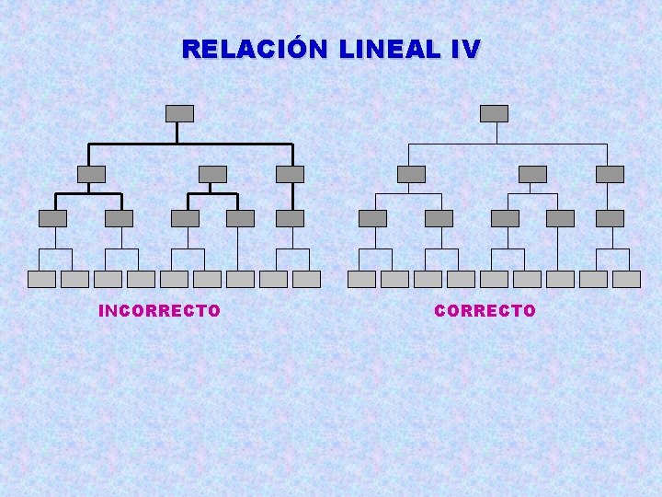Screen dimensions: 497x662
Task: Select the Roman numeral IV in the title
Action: coord(465,49)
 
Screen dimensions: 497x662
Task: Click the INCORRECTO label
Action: coord(159,311)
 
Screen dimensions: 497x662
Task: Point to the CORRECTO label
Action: coord(485,311)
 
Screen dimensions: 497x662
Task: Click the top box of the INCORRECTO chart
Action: coord(179,113)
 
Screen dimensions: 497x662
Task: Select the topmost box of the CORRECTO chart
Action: coord(495,113)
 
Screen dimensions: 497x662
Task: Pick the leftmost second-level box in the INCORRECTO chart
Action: coord(91,174)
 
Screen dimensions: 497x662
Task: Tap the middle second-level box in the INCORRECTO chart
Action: coord(212,174)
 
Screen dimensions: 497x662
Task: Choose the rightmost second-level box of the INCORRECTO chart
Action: coord(290,174)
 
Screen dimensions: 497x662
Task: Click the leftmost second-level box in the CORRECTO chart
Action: coord(411,174)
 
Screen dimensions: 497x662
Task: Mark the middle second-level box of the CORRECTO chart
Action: coord(532,174)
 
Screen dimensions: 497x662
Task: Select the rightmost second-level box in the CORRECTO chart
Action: coord(610,174)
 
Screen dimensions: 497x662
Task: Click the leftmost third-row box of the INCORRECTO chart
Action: coord(52,218)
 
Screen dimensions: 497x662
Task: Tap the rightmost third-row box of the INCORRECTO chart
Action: coord(290,218)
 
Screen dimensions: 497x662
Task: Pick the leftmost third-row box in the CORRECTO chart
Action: coord(372,218)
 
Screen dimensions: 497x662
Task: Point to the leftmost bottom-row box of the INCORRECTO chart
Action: coord(41,279)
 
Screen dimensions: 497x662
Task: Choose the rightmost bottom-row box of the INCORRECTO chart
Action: coord(306,279)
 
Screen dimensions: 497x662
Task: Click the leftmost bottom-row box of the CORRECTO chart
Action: coord(361,279)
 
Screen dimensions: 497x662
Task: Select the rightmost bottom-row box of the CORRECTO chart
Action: coord(626,279)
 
